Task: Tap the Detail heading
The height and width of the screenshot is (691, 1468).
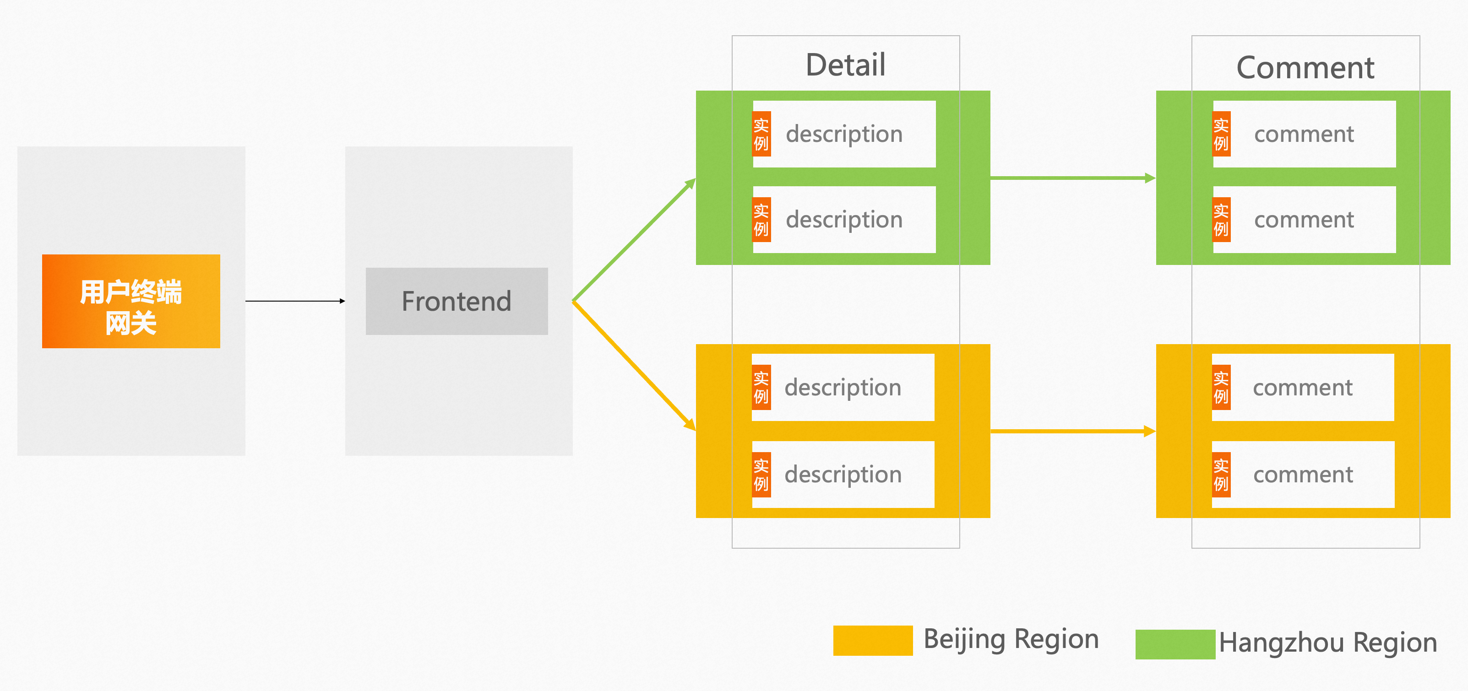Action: click(845, 65)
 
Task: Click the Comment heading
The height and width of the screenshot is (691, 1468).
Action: click(1305, 68)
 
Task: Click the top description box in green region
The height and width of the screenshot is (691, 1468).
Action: click(844, 134)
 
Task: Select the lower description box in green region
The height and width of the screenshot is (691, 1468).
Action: click(844, 219)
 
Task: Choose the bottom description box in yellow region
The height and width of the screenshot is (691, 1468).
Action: click(843, 474)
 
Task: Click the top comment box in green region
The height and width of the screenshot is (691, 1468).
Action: click(1304, 134)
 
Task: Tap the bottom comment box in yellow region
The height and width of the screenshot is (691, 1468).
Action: click(1303, 474)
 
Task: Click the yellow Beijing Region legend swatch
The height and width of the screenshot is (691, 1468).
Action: click(872, 640)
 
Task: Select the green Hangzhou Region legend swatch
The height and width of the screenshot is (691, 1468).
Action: click(1175, 644)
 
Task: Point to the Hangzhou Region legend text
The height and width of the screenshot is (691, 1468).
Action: click(1328, 642)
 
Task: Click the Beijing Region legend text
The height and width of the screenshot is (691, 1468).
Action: click(1011, 638)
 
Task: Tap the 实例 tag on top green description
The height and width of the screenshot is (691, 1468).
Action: click(761, 134)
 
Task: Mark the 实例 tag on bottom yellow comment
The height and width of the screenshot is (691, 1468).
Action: click(1221, 475)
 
